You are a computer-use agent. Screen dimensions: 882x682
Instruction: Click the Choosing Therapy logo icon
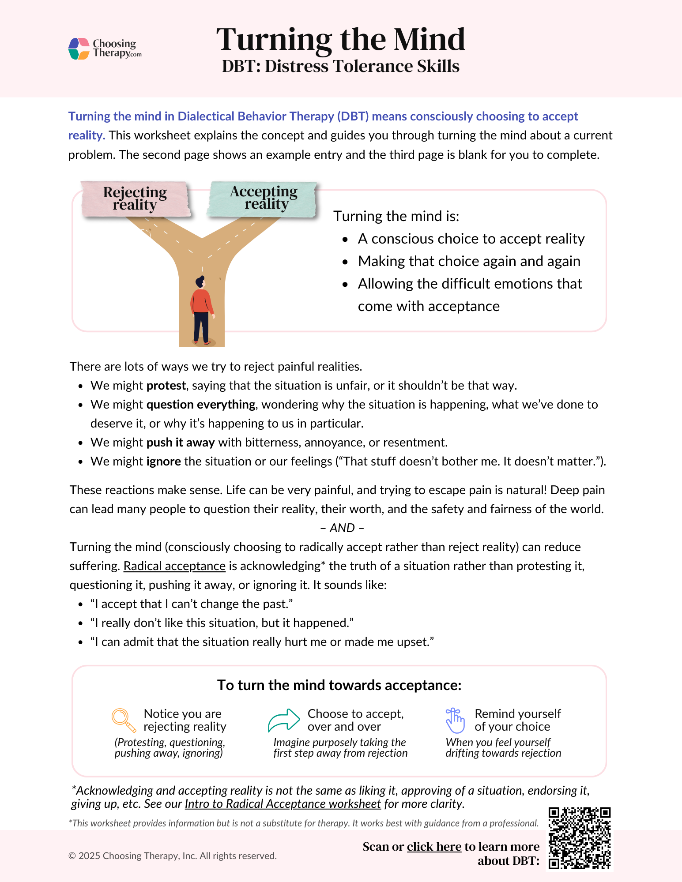79,49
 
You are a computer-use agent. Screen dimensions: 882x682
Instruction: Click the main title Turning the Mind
340,40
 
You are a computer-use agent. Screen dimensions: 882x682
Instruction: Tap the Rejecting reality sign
135,199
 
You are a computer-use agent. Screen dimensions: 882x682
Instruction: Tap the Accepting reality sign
264,198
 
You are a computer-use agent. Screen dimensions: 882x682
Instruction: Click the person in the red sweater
202,309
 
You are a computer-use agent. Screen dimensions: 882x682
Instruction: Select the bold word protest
166,386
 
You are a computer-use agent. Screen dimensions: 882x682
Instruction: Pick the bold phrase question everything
201,405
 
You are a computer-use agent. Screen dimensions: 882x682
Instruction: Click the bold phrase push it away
181,443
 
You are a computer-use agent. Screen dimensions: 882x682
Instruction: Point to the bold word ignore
164,462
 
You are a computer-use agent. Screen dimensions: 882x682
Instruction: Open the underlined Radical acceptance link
174,566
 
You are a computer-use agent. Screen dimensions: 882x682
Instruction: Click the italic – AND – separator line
342,528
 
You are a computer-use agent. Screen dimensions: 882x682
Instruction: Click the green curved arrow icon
284,720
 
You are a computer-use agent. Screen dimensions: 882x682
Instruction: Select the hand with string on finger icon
455,720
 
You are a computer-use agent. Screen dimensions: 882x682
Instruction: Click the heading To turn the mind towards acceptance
339,685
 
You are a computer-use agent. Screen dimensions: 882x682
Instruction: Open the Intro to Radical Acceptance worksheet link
283,804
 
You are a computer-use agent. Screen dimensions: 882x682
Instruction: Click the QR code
579,838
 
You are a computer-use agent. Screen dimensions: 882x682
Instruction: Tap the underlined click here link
434,847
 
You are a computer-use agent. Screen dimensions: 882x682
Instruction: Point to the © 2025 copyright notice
173,856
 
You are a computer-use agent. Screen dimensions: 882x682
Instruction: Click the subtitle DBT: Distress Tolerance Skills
340,66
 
